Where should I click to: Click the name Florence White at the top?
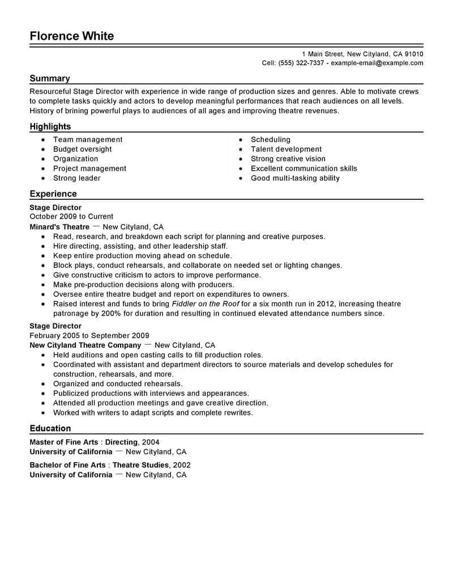[x=72, y=36]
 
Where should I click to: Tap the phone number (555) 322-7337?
[x=301, y=63]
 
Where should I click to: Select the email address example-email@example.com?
[x=377, y=63]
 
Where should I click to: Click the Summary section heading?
[x=50, y=79]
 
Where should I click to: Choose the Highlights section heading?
[x=50, y=126]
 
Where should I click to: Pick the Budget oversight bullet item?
[x=82, y=149]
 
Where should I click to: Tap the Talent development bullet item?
[x=286, y=149]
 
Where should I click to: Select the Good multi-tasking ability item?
[x=295, y=178]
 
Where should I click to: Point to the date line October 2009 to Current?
[x=71, y=216]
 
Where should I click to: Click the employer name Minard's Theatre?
[x=59, y=226]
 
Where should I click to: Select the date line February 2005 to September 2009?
[x=89, y=335]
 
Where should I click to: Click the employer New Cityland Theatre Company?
[x=85, y=345]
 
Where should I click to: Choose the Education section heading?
[x=50, y=428]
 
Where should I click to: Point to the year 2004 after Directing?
[x=151, y=442]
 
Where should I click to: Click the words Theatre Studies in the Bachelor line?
[x=140, y=465]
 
